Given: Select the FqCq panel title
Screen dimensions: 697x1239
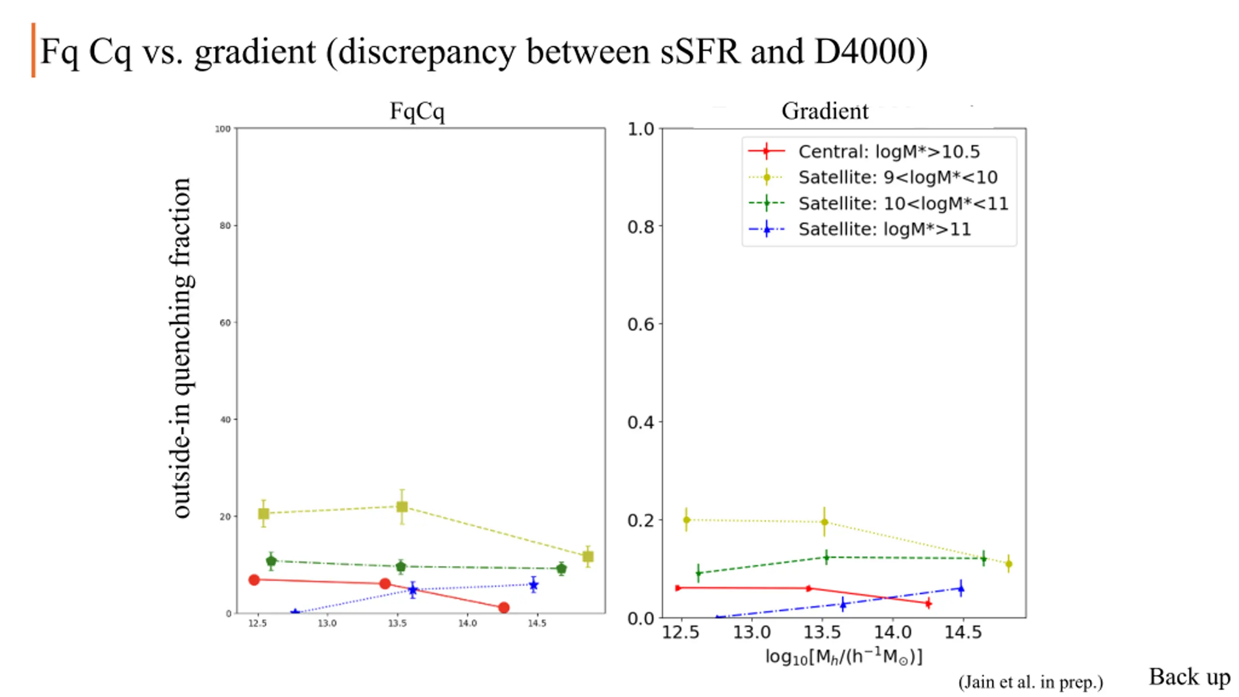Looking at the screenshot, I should click(x=417, y=111).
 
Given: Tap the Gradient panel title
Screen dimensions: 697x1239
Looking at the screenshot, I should click(x=825, y=111).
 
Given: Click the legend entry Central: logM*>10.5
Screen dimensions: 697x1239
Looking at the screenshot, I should click(x=889, y=152).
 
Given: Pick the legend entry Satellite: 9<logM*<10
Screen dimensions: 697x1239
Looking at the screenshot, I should click(x=897, y=177).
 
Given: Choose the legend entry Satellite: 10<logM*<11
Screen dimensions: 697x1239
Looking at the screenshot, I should click(x=903, y=203).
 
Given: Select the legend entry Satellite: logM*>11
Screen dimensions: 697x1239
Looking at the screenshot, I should click(x=884, y=229).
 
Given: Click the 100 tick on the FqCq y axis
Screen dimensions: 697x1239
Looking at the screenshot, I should click(x=223, y=129).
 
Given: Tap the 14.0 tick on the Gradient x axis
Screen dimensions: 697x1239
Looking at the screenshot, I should click(x=892, y=632).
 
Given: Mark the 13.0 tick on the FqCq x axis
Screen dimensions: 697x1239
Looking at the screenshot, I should click(x=327, y=623).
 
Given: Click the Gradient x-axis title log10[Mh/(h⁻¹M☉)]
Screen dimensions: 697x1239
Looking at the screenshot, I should click(x=844, y=657).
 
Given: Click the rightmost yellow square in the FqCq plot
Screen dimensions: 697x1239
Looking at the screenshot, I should click(x=588, y=557).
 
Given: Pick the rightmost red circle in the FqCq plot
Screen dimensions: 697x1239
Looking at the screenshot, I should click(x=503, y=607).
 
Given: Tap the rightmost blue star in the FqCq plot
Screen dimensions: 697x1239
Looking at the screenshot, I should click(x=533, y=585).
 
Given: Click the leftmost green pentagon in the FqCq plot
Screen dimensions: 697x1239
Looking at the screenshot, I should click(x=271, y=561).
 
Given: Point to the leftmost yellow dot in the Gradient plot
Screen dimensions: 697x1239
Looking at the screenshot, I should click(x=686, y=520).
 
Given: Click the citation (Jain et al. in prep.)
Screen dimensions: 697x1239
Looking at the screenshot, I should click(x=1030, y=682).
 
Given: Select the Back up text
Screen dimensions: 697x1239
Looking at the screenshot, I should click(x=1189, y=677).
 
